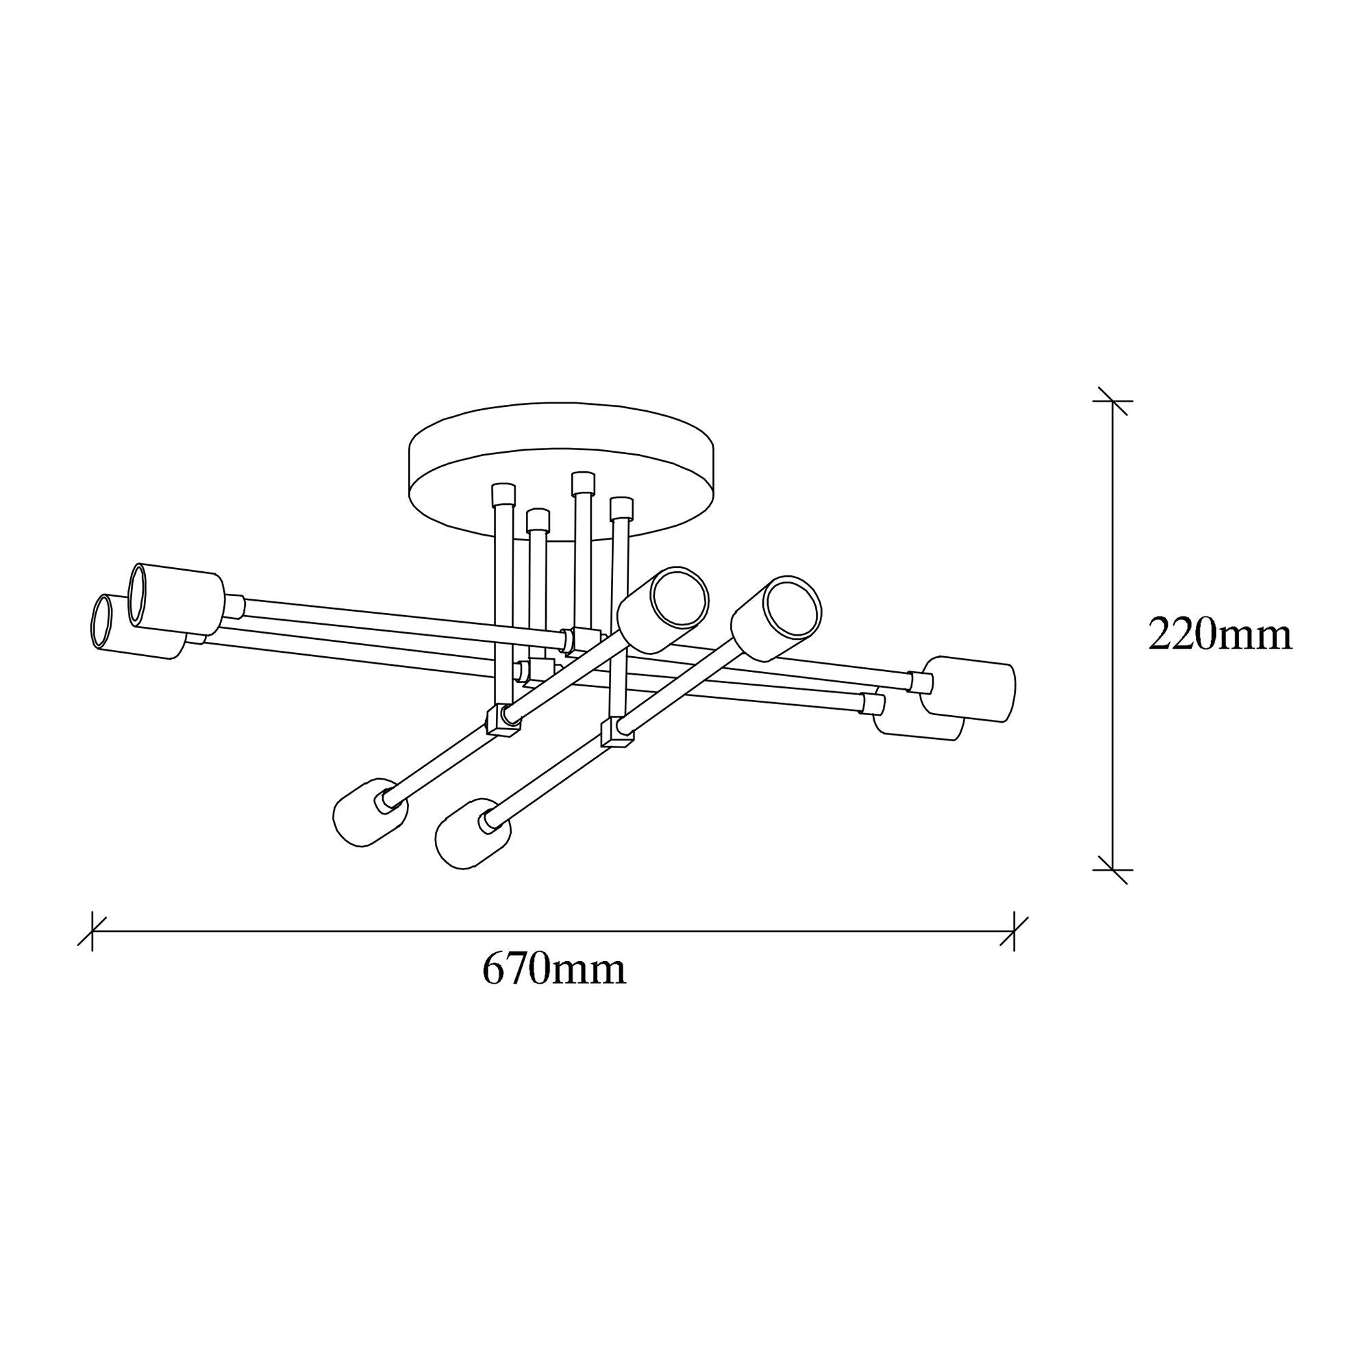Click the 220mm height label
click(1220, 635)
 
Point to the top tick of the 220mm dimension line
click(1112, 401)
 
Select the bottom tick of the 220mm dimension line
click(1112, 869)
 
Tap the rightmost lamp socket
click(969, 688)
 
